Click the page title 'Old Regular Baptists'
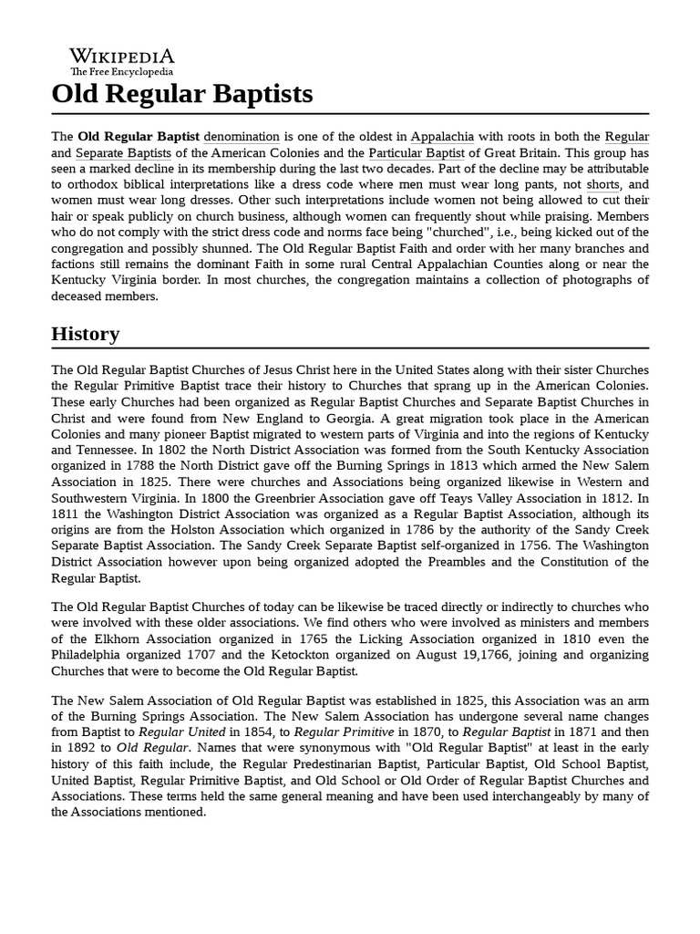[182, 93]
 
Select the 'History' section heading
[85, 334]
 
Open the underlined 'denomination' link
[243, 136]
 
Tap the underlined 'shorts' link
[603, 185]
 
